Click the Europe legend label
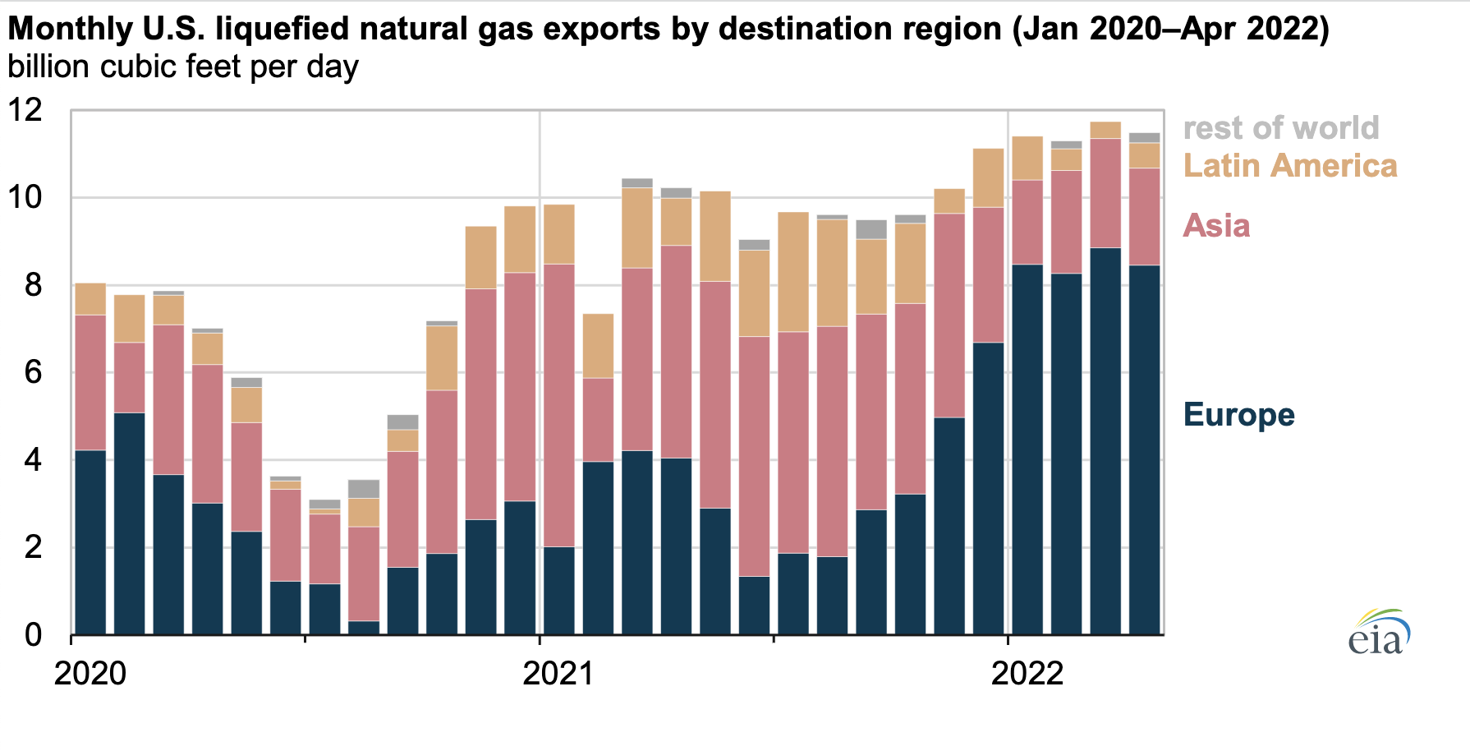coord(1238,415)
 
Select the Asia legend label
coord(1216,226)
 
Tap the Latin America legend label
coord(1289,166)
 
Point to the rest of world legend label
coord(1280,128)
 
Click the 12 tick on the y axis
coord(25,110)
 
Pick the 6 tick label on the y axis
coord(34,373)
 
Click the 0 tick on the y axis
coord(34,635)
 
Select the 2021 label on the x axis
coord(558,674)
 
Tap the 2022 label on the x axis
coord(1027,674)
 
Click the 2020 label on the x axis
coord(90,674)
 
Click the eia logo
coord(1379,632)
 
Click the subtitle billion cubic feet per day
coord(183,67)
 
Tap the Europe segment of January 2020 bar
coord(90,542)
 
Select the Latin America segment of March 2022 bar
coord(1105,130)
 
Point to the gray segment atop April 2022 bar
coord(1144,138)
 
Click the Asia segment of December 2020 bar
coord(520,386)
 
